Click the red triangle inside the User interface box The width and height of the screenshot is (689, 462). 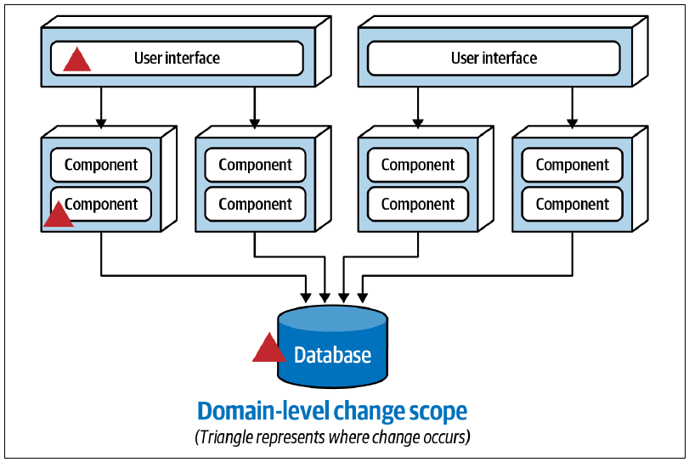tap(77, 59)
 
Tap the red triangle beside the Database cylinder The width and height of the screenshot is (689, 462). tap(268, 348)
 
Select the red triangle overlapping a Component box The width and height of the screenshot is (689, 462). tap(58, 215)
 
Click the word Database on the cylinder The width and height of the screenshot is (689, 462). tap(333, 355)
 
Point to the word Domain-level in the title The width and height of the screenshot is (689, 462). tap(263, 411)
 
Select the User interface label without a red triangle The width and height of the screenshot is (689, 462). tap(494, 58)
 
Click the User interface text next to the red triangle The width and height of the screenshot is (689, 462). tap(177, 58)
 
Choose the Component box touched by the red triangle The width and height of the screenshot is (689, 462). tap(101, 204)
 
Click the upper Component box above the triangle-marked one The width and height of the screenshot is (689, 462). tap(101, 165)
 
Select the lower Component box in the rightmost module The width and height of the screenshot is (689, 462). tap(572, 204)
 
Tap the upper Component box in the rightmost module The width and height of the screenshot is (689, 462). tap(572, 165)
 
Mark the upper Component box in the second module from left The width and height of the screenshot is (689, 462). tap(256, 165)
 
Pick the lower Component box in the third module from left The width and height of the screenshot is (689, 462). tap(418, 204)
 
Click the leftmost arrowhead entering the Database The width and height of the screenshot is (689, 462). tap(306, 298)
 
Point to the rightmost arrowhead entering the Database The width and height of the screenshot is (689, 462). tap(362, 298)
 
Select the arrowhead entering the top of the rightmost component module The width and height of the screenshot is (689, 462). tap(572, 123)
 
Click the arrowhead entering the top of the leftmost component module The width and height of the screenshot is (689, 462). tap(101, 123)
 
